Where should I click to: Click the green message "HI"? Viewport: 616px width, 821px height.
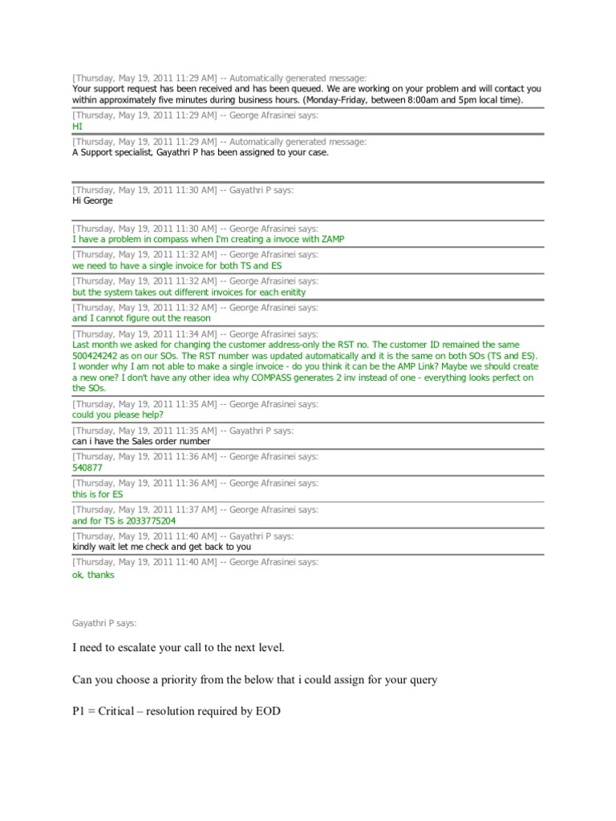[77, 127]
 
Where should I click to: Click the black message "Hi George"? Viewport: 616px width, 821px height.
[92, 200]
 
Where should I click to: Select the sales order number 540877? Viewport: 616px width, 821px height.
[88, 467]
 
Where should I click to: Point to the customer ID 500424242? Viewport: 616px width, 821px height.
[96, 356]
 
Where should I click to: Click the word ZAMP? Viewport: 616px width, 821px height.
[334, 239]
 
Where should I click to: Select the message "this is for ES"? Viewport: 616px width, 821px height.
[98, 495]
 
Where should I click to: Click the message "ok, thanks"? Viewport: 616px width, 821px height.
[93, 574]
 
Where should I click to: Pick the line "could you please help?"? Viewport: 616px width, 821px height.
[118, 415]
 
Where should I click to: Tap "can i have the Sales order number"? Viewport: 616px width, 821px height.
[141, 441]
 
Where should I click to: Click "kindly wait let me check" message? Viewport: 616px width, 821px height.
[161, 547]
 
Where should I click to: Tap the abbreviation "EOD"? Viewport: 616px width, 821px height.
[265, 711]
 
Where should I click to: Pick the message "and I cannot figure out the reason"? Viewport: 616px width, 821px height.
[141, 318]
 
